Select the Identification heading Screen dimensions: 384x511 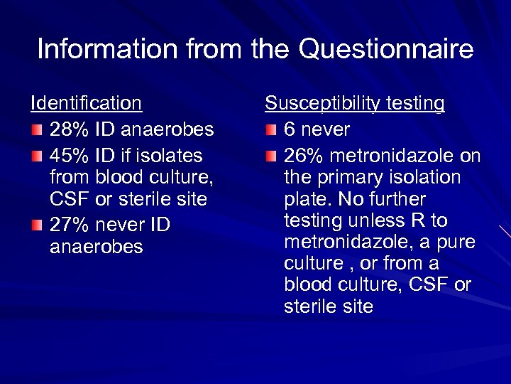[87, 104]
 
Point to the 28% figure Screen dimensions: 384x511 [68, 129]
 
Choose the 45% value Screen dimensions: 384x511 [68, 155]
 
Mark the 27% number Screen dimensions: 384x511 [68, 225]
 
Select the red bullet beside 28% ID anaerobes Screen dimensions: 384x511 [36, 130]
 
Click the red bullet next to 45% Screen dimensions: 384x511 [36, 156]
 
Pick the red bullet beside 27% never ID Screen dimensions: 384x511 [36, 225]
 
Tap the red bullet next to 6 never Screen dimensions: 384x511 [270, 130]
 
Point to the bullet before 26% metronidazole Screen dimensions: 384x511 [270, 156]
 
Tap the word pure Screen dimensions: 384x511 [457, 242]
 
